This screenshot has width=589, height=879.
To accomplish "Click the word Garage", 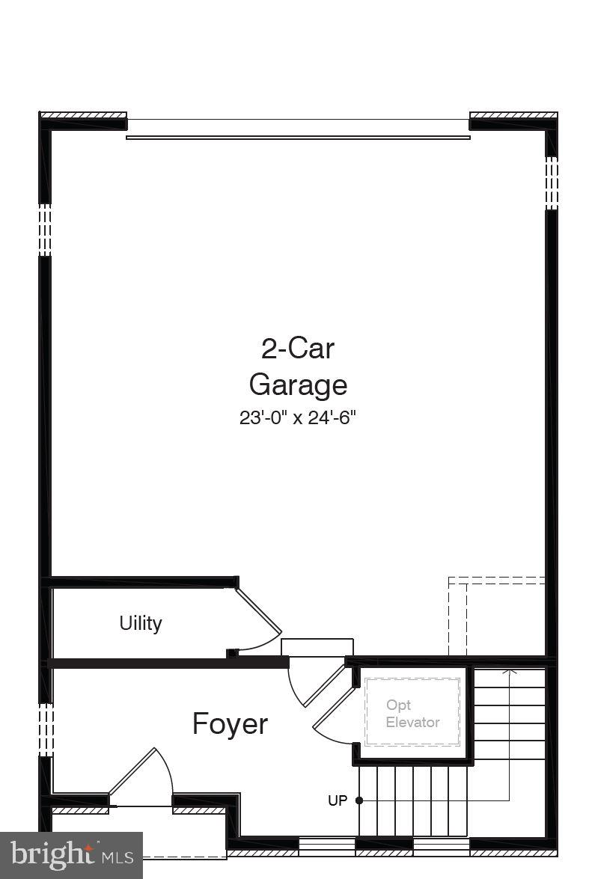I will click(x=298, y=385).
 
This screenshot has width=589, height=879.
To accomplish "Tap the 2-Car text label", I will click(x=298, y=348).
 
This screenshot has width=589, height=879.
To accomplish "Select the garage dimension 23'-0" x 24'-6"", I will click(x=297, y=417).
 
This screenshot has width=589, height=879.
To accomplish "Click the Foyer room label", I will click(x=230, y=724).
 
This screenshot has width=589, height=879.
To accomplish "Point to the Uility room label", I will click(x=141, y=622).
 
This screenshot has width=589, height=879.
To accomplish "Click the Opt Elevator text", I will click(x=412, y=714).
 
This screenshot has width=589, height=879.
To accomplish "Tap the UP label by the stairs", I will click(x=338, y=800).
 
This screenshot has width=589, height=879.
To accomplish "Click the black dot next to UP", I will click(x=359, y=800).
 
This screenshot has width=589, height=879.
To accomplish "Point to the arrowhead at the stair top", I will click(x=510, y=671).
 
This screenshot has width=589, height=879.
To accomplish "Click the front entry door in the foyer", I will click(x=141, y=778).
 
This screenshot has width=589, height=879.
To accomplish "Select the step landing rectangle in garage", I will click(x=317, y=647).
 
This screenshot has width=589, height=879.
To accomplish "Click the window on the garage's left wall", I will click(x=45, y=230).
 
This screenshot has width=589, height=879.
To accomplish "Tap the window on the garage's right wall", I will click(x=552, y=182).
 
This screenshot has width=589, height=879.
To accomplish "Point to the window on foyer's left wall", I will click(x=45, y=729).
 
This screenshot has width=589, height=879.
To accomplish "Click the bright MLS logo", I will click(x=71, y=855).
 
